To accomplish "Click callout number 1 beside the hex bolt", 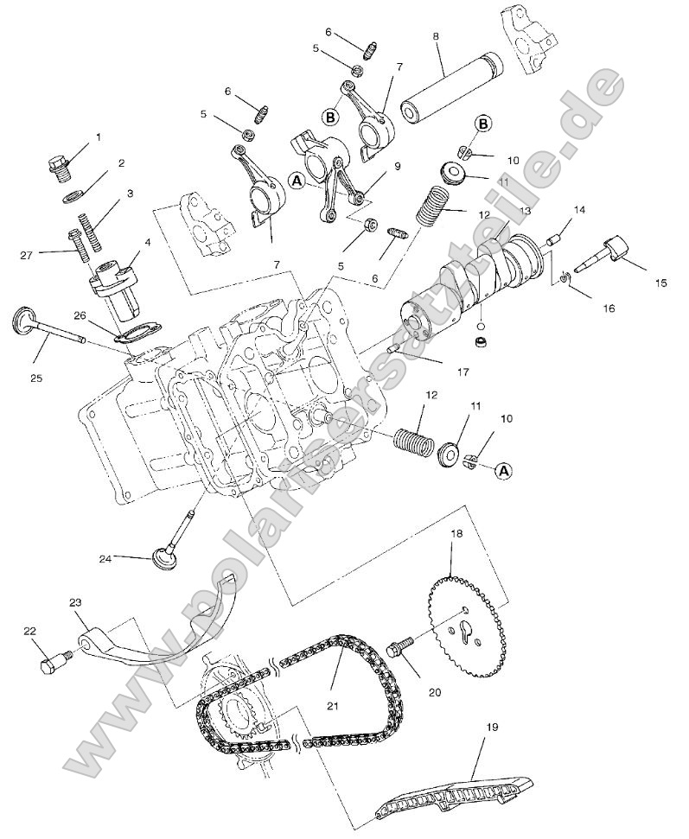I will click(x=98, y=137).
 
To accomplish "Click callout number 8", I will click(x=436, y=37).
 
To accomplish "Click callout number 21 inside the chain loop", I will click(x=333, y=705).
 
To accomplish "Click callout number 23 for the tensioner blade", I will click(x=75, y=603).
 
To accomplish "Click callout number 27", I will click(x=26, y=255).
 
